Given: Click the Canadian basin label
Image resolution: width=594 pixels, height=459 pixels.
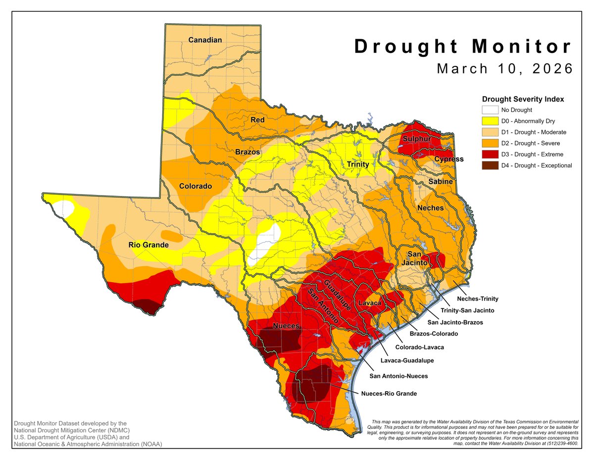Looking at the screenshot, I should point(205,40).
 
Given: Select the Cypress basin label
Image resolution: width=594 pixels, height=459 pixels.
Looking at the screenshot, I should point(449,159).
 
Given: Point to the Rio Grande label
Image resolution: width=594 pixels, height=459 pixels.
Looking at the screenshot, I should point(148,245).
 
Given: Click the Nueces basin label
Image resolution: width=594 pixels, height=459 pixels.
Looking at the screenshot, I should point(286,325).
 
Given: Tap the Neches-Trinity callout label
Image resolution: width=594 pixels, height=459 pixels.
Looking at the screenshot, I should point(477,299).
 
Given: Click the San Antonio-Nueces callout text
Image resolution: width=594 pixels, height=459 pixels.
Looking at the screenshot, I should point(398,376).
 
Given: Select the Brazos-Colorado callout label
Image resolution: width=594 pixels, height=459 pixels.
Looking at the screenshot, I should point(434,334).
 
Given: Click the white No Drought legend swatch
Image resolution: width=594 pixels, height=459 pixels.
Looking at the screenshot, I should point(490,110).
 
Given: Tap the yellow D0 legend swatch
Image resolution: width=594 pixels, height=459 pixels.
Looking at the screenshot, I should point(490,121).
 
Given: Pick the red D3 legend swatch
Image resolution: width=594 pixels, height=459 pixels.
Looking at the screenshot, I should point(490,154).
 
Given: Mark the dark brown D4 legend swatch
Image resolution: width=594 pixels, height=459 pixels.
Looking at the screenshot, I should point(490,165).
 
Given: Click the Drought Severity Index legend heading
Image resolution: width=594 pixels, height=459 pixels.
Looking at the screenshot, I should point(523,99).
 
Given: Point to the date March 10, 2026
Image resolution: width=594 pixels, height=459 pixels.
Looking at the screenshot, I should point(505,68).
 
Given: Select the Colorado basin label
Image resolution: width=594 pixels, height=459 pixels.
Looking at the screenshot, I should point(196,187).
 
